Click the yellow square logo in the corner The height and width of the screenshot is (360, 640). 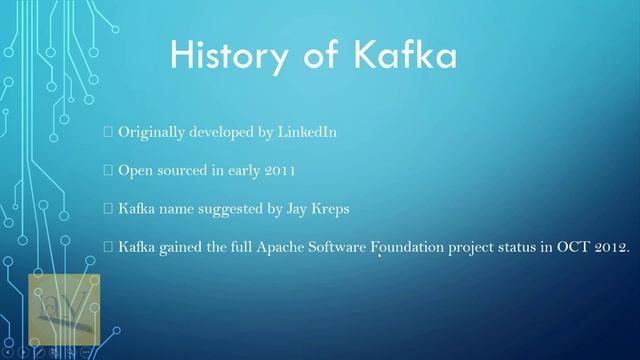tap(64, 309)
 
